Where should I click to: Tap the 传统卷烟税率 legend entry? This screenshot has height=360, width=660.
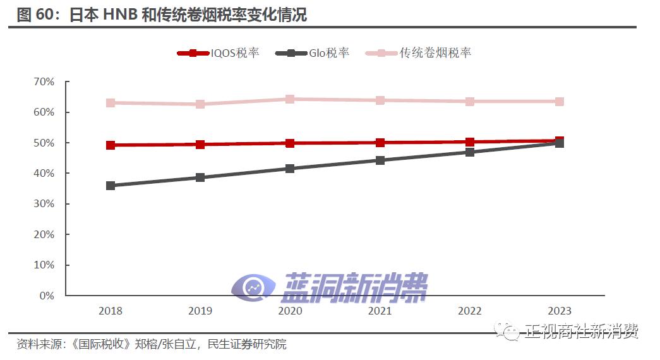(x=419, y=53)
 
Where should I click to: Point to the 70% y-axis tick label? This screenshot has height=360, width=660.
(x=44, y=82)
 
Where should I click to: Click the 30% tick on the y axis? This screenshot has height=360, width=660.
(x=44, y=204)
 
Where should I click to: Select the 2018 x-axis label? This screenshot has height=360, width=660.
(x=111, y=311)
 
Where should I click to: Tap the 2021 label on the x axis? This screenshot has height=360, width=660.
(x=380, y=311)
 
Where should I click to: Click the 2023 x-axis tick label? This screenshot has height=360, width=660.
(x=559, y=311)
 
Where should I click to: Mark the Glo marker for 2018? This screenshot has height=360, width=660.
(x=111, y=186)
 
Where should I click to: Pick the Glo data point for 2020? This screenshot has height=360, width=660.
(x=290, y=169)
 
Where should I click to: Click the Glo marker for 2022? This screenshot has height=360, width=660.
(x=469, y=152)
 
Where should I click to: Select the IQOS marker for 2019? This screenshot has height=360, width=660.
(x=200, y=145)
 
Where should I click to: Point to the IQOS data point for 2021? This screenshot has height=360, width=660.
(x=380, y=143)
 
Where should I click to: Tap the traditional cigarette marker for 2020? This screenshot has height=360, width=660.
(x=290, y=99)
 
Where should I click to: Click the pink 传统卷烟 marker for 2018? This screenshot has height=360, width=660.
(x=111, y=103)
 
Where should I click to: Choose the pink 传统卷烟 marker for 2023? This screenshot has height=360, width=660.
(x=559, y=102)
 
